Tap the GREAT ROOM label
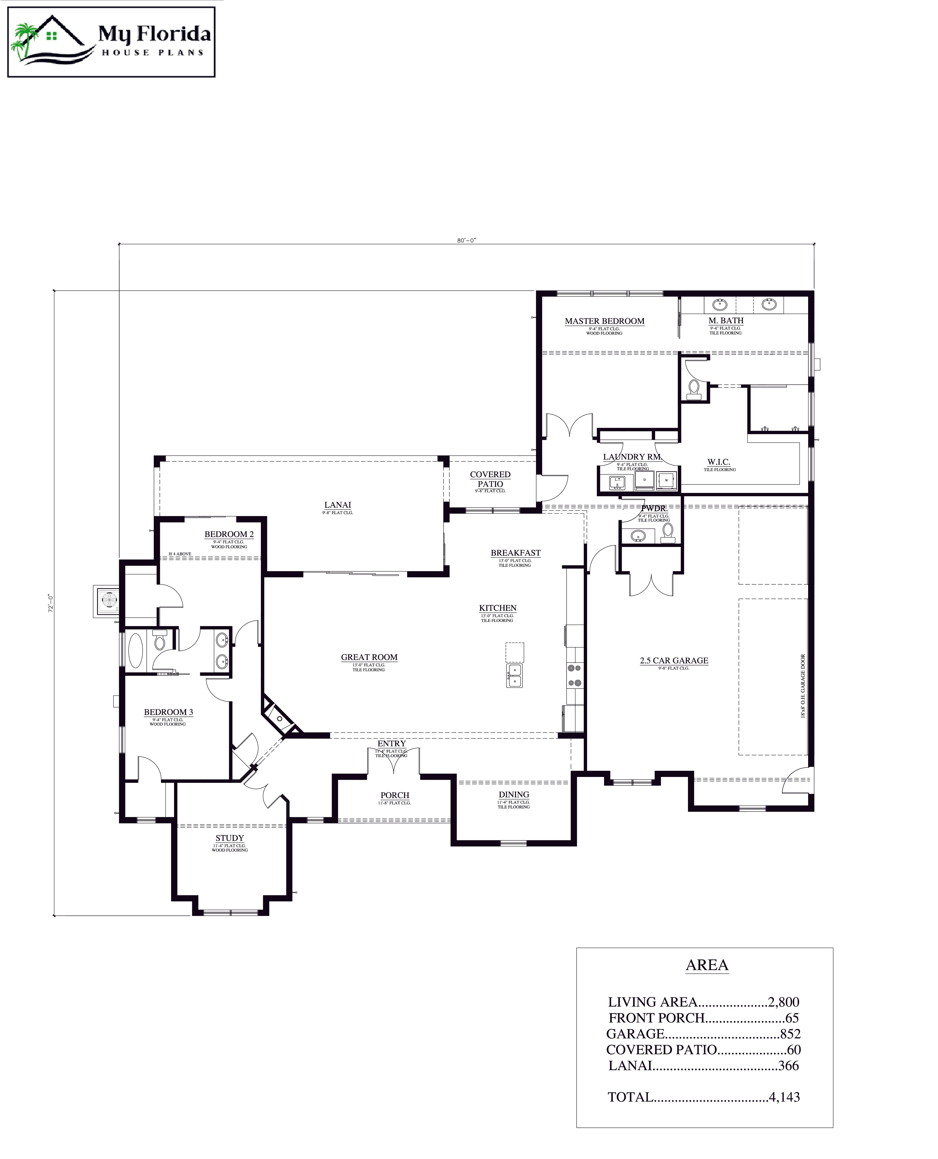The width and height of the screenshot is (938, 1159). [x=369, y=657]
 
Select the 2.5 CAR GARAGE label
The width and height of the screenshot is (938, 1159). [x=674, y=660]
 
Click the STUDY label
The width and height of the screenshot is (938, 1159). [x=230, y=838]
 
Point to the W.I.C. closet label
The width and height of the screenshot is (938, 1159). [x=719, y=462]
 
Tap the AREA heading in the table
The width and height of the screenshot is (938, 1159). [x=707, y=965]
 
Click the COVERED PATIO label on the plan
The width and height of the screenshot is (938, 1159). [x=490, y=479]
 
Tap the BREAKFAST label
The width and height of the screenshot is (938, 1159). [x=515, y=553]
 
